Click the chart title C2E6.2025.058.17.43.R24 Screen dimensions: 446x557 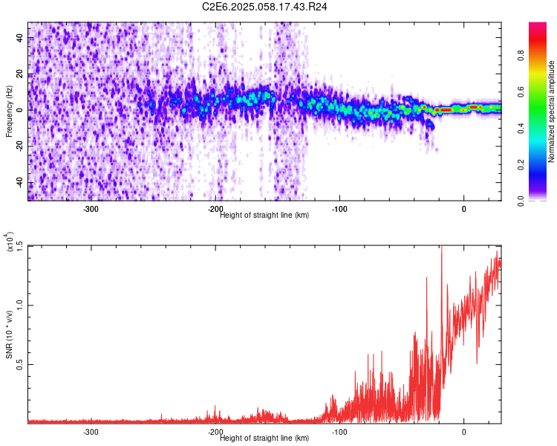coord(265,7)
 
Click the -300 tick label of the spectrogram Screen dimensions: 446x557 coord(91,209)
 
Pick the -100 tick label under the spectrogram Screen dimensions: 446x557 coord(339,209)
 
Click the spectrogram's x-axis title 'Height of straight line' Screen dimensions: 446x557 coord(264,216)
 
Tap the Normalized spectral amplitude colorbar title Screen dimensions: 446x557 coord(552,111)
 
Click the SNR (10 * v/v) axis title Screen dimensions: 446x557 coord(10,334)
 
